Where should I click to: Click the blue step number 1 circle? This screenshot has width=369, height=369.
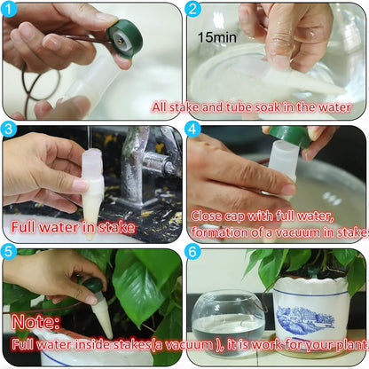pos(11,10)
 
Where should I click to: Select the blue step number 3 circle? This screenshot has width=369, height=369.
pos(11,130)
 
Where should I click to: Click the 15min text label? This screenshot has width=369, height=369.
pos(217,38)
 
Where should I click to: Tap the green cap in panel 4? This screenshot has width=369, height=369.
pos(290,134)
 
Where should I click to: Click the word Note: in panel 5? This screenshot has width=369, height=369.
pos(36,320)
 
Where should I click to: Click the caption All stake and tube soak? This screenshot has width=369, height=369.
pos(256,107)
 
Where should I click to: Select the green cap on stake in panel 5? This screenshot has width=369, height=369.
pos(93,286)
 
